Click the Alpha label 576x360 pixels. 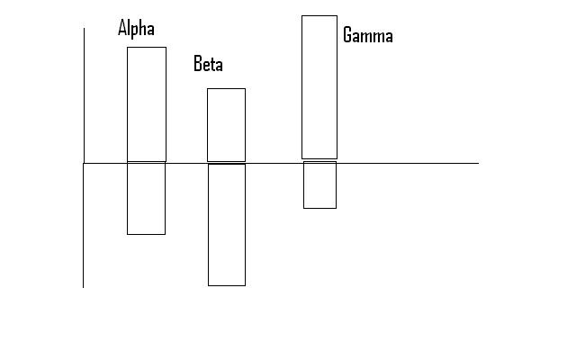tap(136, 28)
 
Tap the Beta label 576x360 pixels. tap(208, 65)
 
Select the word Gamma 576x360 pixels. tap(367, 36)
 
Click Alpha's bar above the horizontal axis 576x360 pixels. tap(146, 103)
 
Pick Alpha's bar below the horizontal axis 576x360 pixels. tap(146, 198)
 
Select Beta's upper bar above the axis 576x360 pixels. tap(226, 125)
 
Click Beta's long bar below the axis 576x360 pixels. tap(226, 225)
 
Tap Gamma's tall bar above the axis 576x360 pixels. tap(319, 86)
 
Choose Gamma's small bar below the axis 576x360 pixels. tap(319, 184)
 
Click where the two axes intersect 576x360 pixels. tap(84, 163)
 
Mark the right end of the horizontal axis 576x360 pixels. tap(477, 163)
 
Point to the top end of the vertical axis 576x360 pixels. tap(84, 29)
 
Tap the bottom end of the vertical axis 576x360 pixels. tap(84, 286)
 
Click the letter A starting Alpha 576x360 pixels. tap(122, 28)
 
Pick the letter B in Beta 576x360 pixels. tap(198, 65)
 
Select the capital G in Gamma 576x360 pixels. tap(348, 36)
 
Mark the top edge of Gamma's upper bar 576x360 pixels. tap(319, 15)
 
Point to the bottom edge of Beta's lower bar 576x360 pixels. tap(226, 285)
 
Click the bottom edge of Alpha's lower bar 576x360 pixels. tap(146, 234)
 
